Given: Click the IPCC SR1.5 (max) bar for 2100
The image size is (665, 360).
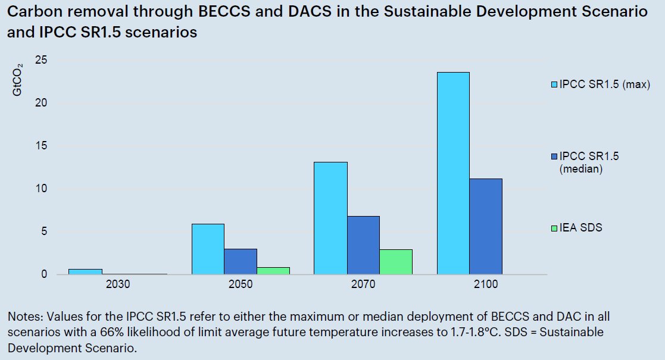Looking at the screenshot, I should coord(452,173).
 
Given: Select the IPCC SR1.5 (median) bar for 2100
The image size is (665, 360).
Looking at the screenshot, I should coord(485,226).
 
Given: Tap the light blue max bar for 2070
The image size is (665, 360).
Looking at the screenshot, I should coord(330,218).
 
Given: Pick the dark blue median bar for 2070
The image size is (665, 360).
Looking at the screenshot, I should coord(363,245).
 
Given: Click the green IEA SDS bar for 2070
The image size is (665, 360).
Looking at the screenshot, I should coord(396,262).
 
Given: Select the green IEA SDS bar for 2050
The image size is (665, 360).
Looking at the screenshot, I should coord(273,271).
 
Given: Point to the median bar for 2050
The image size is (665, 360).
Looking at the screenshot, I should coord(241,261).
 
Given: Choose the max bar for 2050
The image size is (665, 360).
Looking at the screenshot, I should coord(208,249).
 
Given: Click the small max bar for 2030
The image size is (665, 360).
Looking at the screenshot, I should coord(85,271).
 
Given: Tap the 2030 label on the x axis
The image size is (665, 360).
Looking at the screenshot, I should coord(118,284).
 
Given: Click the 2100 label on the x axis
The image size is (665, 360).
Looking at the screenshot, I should coord(486,284).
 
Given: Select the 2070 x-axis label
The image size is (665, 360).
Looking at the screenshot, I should coord(363,284).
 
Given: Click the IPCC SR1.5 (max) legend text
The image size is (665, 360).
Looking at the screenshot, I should coord(604,84).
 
